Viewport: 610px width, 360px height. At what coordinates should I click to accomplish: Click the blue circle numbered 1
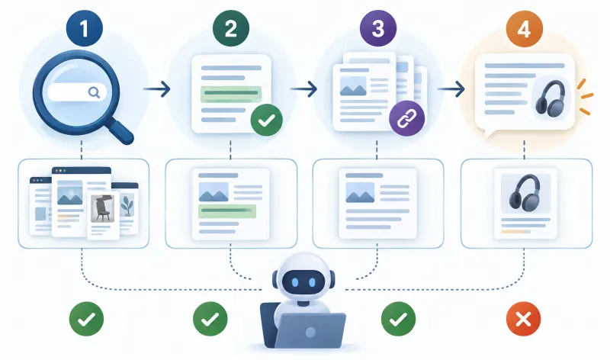point(85,28)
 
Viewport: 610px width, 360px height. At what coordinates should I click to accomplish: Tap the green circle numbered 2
point(231,28)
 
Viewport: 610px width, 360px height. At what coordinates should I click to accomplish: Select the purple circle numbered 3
point(378,28)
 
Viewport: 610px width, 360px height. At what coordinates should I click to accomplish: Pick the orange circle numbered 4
point(525,28)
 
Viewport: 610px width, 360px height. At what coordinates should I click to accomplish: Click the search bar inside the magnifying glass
point(77,92)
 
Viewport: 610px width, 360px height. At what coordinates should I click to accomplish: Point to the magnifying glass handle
point(120,130)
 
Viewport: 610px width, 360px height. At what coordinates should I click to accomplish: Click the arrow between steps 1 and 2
point(157,89)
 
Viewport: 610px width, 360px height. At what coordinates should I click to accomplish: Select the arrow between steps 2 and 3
point(303,89)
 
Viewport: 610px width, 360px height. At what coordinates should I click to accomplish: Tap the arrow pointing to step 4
point(451,89)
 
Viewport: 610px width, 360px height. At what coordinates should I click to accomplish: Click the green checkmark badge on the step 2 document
point(266,120)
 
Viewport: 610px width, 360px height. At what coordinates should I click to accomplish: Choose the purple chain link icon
point(407,119)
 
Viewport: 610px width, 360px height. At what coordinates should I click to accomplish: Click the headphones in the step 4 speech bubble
point(551,98)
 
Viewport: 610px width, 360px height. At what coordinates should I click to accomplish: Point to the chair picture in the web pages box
point(102,208)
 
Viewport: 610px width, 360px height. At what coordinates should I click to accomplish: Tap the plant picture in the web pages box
point(127,205)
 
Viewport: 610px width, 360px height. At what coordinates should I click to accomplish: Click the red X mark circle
point(523,319)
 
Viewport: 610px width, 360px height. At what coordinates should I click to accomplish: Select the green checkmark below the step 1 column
point(86,319)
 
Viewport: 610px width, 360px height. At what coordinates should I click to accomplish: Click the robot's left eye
point(295,282)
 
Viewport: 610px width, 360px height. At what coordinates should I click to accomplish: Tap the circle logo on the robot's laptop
point(310,332)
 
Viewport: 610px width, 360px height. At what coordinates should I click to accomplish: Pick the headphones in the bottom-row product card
point(525,193)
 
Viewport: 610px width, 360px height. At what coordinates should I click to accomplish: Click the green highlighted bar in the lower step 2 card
point(227,211)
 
